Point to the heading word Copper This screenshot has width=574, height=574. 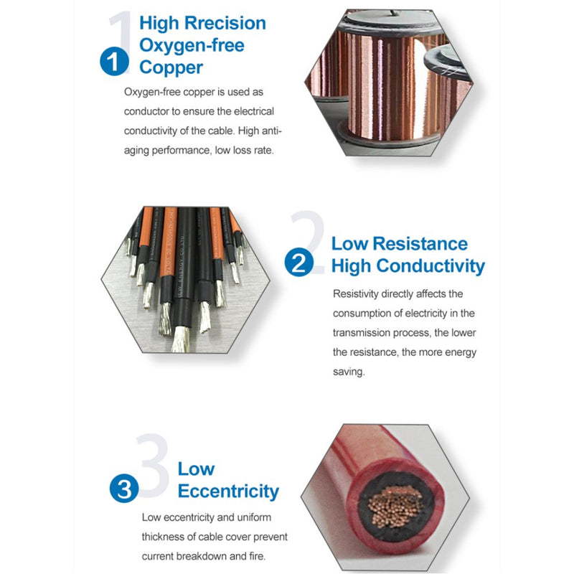(x=171, y=67)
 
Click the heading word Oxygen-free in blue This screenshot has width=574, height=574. (x=192, y=45)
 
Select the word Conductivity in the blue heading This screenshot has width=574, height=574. (x=430, y=266)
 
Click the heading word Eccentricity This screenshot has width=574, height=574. (x=228, y=491)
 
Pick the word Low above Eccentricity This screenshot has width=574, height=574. (x=196, y=469)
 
